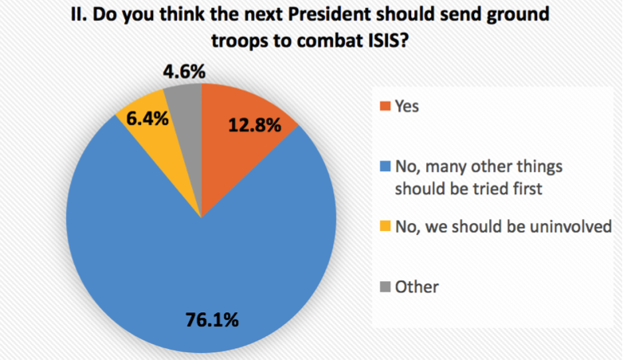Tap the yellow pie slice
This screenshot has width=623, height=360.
pos(142,127)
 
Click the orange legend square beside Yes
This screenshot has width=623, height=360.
pos(386,106)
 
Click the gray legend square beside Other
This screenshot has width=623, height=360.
pos(386,285)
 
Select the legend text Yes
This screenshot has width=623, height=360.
pos(406,106)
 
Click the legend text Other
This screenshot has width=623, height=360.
pos(417,285)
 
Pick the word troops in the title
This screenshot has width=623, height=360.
pos(242,44)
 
